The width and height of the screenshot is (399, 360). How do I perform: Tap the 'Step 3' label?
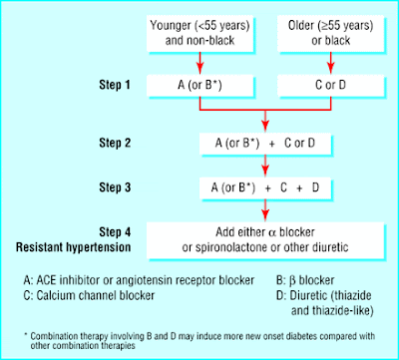[x=100, y=185]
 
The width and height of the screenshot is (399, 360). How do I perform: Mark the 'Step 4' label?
[x=100, y=229]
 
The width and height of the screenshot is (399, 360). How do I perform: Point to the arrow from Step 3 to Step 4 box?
[x=264, y=208]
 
